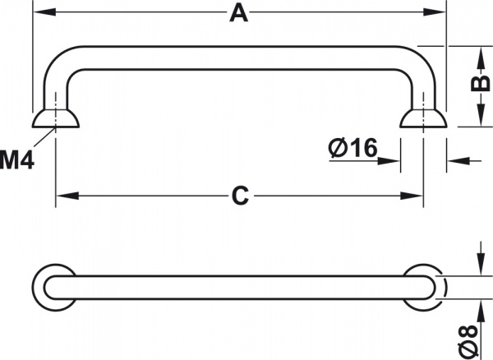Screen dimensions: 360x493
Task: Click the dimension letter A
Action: point(238,13)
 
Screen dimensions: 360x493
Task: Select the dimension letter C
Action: point(239,196)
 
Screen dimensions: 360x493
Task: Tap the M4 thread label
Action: point(16,159)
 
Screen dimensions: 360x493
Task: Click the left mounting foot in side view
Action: point(56,119)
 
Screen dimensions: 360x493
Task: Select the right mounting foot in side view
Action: point(423,119)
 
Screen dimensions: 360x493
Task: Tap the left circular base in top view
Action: point(56,287)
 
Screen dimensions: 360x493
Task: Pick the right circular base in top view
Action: point(424,287)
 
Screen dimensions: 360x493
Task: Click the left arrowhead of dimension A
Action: point(41,13)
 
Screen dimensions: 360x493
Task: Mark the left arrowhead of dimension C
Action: point(63,196)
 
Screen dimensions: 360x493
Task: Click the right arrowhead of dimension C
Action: point(415,196)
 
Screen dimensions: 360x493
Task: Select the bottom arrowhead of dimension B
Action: point(479,121)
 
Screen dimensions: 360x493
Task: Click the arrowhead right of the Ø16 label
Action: point(393,159)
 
